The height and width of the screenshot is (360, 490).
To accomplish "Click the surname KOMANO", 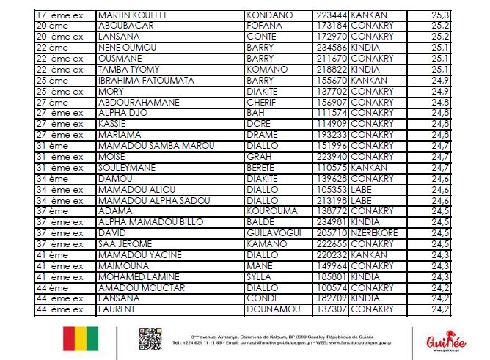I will coord(266,70).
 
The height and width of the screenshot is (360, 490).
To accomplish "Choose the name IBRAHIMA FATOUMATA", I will coord(145,81).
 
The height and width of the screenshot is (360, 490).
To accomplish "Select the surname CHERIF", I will coord(262,103).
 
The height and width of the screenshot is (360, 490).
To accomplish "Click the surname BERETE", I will coord(263,168).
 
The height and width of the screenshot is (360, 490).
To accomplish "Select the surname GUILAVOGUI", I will coord(272,233).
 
